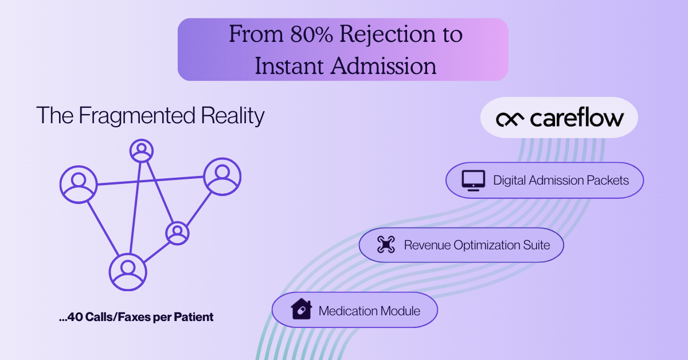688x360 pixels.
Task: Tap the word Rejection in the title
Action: coord(380,36)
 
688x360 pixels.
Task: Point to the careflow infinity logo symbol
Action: coord(509,119)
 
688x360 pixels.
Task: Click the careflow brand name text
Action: coord(576,118)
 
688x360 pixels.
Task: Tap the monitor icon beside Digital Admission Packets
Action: coord(474,181)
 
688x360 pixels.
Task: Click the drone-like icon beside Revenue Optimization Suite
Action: coord(386,245)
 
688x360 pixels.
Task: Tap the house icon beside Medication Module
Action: coord(301,311)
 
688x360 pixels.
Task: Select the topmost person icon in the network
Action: coord(141,150)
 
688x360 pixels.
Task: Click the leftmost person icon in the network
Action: coord(76,184)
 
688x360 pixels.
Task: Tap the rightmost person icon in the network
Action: coord(222,175)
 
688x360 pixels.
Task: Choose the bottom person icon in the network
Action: coord(128,272)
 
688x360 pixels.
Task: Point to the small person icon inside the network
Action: coord(177,232)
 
